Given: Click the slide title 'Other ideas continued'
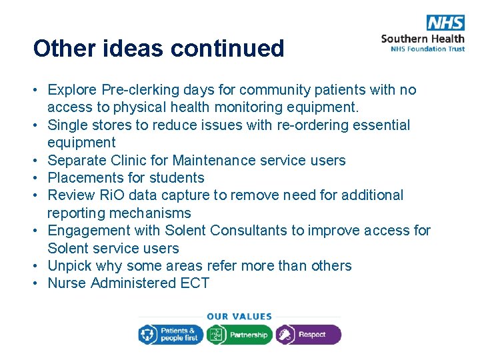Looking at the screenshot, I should (159, 49).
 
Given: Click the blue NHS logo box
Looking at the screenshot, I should (445, 22).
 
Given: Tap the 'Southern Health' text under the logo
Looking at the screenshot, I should (423, 38).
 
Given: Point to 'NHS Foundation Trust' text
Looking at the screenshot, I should (423, 49).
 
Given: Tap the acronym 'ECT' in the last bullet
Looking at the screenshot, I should (195, 283).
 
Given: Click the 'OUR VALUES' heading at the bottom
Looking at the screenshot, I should (239, 317).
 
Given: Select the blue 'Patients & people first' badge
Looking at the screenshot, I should (170, 334).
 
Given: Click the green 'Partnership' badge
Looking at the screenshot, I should (239, 334).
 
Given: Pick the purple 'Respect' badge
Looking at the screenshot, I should (308, 334).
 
